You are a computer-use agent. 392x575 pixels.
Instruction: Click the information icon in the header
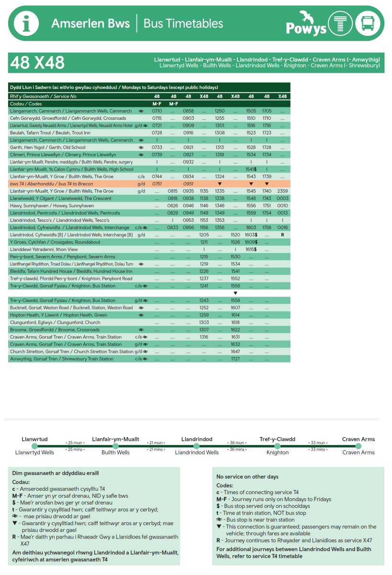[x=26, y=23]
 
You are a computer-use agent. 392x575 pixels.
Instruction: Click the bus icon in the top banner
[x=368, y=23]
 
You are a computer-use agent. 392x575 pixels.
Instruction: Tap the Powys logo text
[x=306, y=28]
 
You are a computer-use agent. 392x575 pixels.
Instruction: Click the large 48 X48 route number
[x=38, y=63]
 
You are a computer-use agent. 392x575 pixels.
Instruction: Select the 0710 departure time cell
[x=157, y=111]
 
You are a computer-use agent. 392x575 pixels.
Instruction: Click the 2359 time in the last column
[x=282, y=191]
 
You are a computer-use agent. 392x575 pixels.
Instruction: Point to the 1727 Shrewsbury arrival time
[x=235, y=359]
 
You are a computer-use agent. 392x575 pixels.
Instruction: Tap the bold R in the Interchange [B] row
[x=282, y=235]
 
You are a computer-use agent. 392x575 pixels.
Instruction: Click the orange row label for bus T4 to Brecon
[x=52, y=184]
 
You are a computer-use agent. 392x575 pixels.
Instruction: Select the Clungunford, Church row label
[x=55, y=322]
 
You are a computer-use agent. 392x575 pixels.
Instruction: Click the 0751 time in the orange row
[x=157, y=184]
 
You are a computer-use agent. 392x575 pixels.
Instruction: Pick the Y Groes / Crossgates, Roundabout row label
[x=55, y=242]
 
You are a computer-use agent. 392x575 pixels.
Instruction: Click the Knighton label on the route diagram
[x=278, y=452]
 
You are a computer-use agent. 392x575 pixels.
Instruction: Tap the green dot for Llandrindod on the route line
[x=196, y=446]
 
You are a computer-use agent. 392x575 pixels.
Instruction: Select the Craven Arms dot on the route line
[x=358, y=446]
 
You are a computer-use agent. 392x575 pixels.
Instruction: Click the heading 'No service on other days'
[x=247, y=477]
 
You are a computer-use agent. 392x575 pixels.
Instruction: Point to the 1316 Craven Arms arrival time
[x=204, y=337]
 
